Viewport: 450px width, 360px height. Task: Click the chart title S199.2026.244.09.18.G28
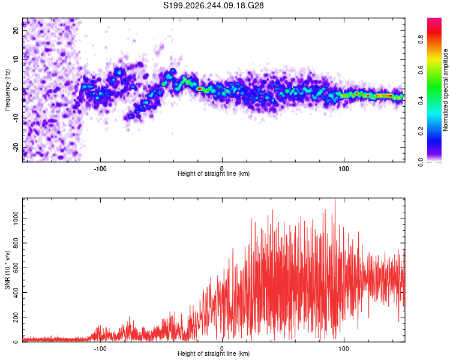click(213, 5)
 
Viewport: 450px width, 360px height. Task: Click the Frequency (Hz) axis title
click(7, 90)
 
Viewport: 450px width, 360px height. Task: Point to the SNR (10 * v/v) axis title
click(7, 270)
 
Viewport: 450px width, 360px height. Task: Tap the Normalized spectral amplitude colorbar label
click(445, 90)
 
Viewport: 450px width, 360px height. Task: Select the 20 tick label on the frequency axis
click(16, 31)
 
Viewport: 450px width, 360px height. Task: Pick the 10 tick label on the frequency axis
click(16, 59)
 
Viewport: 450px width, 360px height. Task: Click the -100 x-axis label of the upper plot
click(100, 169)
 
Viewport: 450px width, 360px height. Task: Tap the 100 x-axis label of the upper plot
click(344, 169)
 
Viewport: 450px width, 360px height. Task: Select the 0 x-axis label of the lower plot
click(222, 349)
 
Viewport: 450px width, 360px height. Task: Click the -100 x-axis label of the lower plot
click(100, 349)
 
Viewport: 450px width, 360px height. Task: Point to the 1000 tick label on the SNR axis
click(16, 218)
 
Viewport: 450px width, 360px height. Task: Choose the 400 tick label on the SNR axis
click(16, 293)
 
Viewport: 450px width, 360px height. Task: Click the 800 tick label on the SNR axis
click(16, 243)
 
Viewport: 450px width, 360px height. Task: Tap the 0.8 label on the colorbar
click(421, 40)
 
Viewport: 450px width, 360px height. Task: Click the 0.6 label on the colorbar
click(421, 70)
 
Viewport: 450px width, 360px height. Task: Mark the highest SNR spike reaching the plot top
click(335, 199)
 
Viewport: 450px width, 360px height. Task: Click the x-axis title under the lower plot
click(214, 353)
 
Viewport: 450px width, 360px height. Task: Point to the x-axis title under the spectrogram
click(214, 173)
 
